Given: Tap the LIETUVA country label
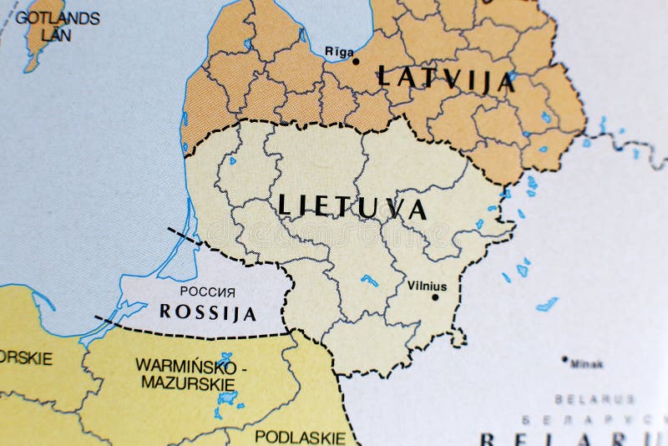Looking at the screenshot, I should [352, 206].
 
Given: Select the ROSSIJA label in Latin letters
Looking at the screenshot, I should [207, 313].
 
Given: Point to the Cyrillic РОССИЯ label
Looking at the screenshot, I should [207, 292].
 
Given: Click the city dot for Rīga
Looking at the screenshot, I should [356, 61].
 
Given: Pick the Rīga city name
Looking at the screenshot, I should [339, 51].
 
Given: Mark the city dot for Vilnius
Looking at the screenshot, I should [434, 296].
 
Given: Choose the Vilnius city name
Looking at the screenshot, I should [427, 285].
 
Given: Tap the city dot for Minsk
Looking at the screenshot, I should [565, 361].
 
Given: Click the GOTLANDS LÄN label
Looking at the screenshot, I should [58, 24].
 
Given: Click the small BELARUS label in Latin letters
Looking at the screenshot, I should [595, 399].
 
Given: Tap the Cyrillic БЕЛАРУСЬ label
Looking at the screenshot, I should [595, 418].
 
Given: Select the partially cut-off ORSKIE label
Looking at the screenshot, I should [25, 358].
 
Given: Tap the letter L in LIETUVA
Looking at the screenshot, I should [283, 204].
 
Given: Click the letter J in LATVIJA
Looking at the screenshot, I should [484, 80].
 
